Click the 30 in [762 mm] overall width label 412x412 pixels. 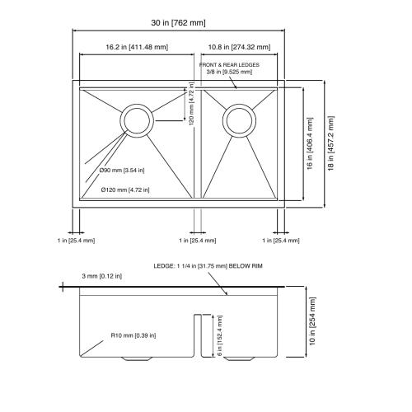pyautogui.click(x=178, y=22)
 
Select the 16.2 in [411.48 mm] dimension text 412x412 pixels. pyautogui.click(x=137, y=47)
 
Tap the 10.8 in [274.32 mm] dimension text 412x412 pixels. pyautogui.click(x=239, y=47)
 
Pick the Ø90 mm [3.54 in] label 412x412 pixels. pyautogui.click(x=122, y=171)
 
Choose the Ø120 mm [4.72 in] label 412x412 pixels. pyautogui.click(x=125, y=190)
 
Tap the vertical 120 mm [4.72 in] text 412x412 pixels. pyautogui.click(x=191, y=104)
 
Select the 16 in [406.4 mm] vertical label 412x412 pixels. pyautogui.click(x=310, y=143)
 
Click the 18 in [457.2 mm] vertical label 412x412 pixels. pyautogui.click(x=331, y=143)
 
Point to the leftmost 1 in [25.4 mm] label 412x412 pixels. pyautogui.click(x=76, y=241)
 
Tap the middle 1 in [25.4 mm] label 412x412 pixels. pyautogui.click(x=198, y=241)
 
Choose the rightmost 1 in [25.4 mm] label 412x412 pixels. pyautogui.click(x=281, y=241)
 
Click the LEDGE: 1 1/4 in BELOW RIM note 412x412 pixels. pyautogui.click(x=208, y=266)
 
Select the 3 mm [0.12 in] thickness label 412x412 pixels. pyautogui.click(x=101, y=276)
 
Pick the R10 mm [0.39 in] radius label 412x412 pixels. pyautogui.click(x=133, y=335)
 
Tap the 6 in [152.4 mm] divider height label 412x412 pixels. pyautogui.click(x=219, y=335)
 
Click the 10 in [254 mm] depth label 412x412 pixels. pyautogui.click(x=312, y=321)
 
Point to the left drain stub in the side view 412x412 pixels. pyautogui.click(x=137, y=358)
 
